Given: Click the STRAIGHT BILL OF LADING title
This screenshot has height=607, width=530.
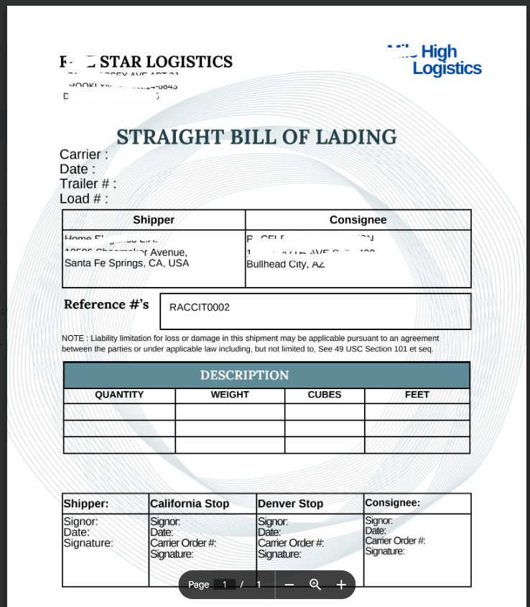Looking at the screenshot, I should (x=256, y=137).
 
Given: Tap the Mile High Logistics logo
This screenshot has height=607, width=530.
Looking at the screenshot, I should (x=442, y=60).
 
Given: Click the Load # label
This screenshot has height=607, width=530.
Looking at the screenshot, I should (x=84, y=198).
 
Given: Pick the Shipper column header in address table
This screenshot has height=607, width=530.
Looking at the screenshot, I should (x=154, y=220).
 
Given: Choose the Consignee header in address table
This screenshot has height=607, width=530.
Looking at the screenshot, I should (x=358, y=220).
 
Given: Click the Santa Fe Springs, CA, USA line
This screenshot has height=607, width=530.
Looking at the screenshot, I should (x=126, y=263).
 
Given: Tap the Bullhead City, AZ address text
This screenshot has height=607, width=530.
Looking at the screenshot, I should (x=285, y=264).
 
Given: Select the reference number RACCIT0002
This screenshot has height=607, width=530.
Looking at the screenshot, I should (x=200, y=307).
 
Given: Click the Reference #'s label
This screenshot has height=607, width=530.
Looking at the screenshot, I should (x=106, y=304).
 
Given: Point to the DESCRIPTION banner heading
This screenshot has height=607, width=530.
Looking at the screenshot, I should (x=244, y=375).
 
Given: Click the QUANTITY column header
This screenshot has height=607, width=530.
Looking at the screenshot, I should (x=119, y=395).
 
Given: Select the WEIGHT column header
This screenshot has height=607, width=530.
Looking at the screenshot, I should (x=230, y=395).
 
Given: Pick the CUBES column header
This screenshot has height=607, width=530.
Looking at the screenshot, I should (x=325, y=395).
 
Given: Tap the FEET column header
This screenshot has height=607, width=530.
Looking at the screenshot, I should (x=417, y=395).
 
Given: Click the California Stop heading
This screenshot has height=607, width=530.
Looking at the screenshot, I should (x=190, y=503).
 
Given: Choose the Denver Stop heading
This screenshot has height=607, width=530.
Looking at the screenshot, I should (x=290, y=503).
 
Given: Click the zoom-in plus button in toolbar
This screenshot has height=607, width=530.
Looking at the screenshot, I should (x=341, y=585).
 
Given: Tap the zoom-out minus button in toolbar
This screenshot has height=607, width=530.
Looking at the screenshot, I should (x=289, y=585).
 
